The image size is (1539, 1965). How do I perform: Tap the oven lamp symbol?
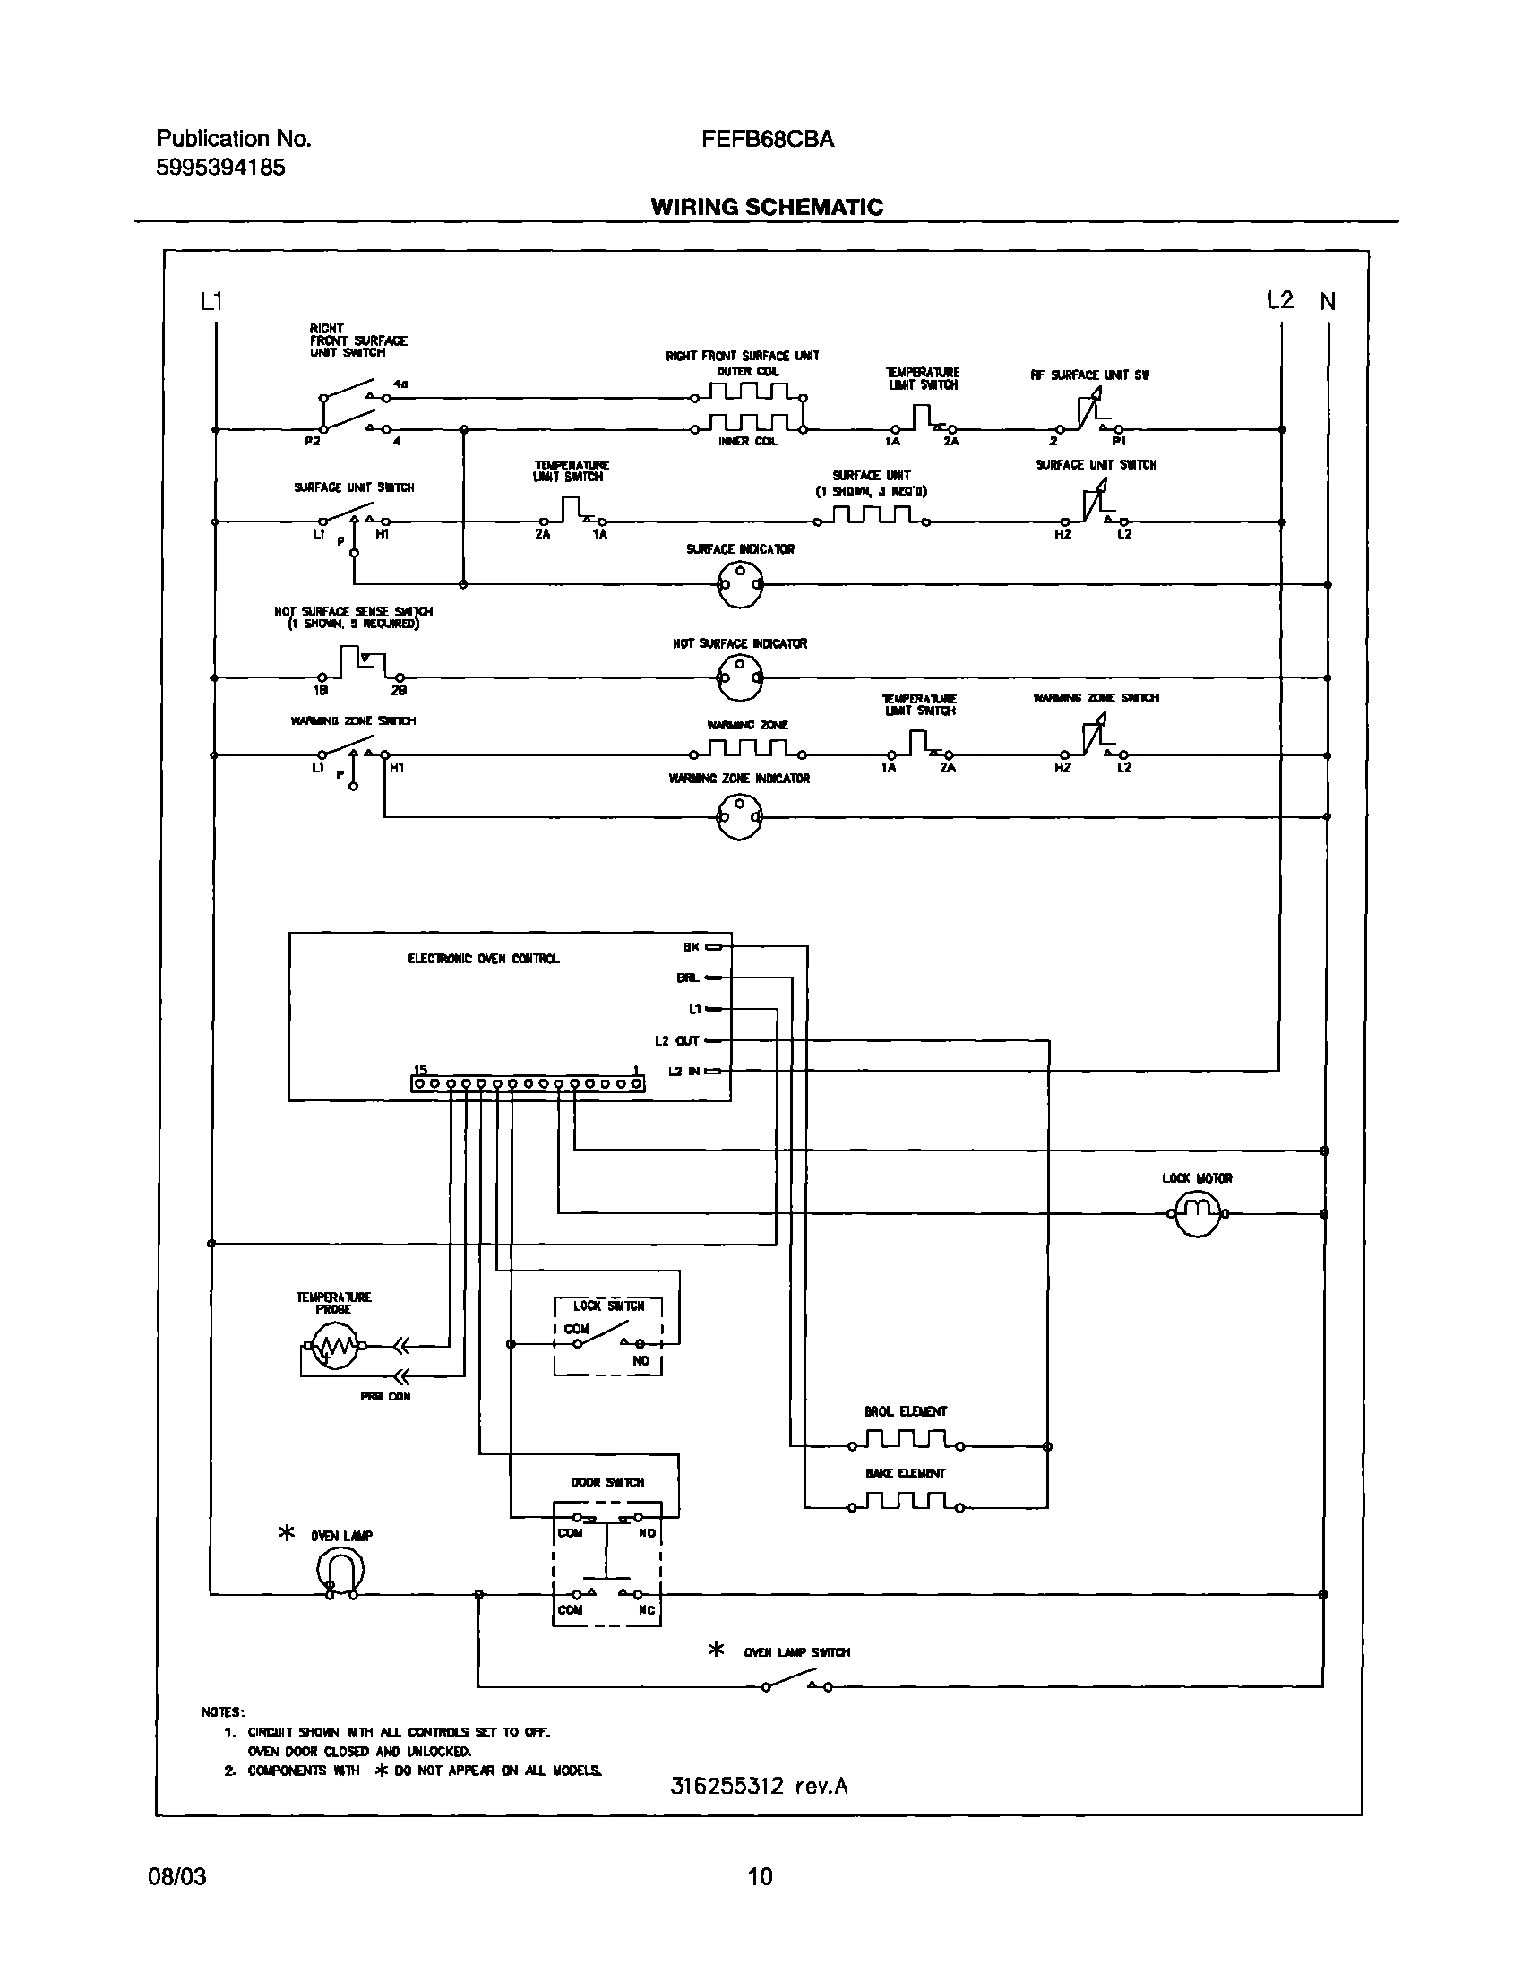[340, 1571]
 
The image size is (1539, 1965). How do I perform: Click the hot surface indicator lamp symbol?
[740, 677]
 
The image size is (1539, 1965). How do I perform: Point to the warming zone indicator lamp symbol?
[740, 816]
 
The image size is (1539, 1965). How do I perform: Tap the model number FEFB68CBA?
[768, 140]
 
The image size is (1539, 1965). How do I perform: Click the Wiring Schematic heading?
[767, 207]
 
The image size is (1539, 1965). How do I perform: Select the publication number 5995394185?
[220, 168]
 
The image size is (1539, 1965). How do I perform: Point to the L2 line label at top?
[1279, 300]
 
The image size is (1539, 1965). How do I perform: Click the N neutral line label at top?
[1328, 302]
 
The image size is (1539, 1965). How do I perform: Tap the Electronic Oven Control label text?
[483, 958]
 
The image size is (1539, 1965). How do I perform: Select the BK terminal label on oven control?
[690, 946]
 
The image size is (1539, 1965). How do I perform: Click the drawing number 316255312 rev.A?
[759, 1786]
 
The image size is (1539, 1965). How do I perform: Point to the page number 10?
[760, 1876]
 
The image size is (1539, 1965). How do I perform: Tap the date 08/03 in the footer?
[176, 1876]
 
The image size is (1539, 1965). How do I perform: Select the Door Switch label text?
[607, 1482]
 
